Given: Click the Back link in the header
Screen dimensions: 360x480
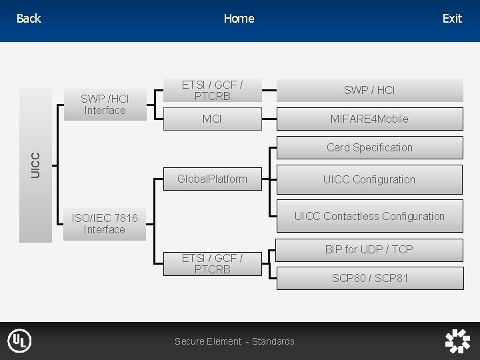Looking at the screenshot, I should point(29,19).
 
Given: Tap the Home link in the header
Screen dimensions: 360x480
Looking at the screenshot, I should point(239,19).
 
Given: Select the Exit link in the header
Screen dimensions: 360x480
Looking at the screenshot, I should point(452,19).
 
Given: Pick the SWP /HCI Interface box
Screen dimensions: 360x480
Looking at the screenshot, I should point(105,105).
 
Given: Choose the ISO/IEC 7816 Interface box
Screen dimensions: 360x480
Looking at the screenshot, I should point(105,224).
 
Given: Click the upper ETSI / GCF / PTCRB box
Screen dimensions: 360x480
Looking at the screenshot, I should point(213,91).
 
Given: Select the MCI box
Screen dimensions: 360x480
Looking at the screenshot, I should point(213,119).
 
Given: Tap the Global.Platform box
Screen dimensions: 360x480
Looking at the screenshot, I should point(213,179).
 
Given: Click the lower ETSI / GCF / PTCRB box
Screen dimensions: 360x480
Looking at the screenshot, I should point(213,263).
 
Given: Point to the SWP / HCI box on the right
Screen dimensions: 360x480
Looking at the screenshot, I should point(369,90).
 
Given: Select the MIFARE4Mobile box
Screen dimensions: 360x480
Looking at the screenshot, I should point(369,119).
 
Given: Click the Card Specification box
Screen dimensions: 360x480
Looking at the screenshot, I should point(369,147).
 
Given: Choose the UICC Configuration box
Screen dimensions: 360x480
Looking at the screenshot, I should point(369,179).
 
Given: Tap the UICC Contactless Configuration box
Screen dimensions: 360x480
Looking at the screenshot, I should point(369,216).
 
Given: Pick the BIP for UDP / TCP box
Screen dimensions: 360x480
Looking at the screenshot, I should point(369,249).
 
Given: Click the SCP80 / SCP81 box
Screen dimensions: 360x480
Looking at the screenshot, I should point(369,278).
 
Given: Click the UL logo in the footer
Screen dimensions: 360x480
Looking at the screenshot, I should point(19,341).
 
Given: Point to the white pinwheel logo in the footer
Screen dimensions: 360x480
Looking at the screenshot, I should point(457,341).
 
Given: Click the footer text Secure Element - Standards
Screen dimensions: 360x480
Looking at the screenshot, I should point(234,341).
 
